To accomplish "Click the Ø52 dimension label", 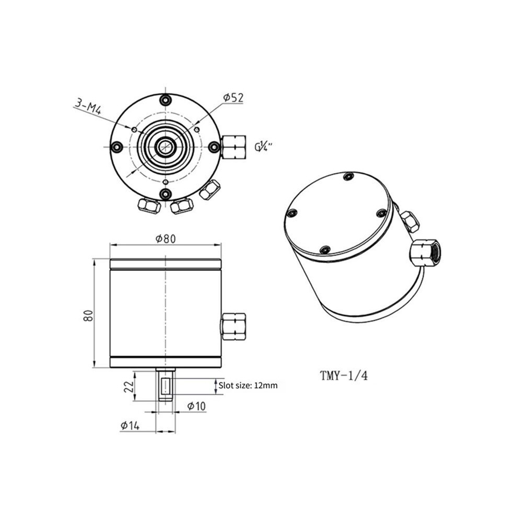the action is click(233, 98).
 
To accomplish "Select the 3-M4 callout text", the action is click(88, 107).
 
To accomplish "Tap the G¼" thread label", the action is click(263, 146).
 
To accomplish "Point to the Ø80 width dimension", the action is click(165, 239).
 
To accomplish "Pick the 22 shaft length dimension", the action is click(129, 385).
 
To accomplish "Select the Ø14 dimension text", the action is click(130, 425).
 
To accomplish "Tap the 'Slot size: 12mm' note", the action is click(248, 385).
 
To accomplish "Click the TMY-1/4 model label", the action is click(344, 376).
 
